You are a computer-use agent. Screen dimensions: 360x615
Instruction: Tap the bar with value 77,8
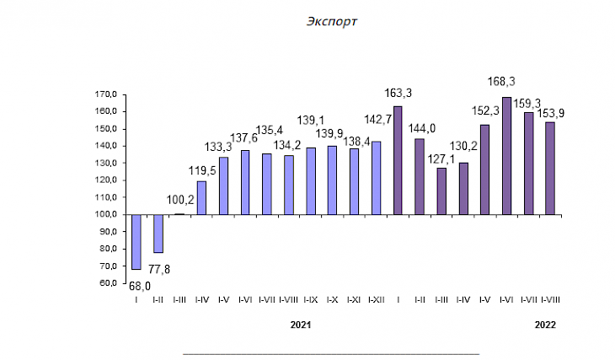[158, 234]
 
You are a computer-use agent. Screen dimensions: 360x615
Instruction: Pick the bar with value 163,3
[398, 160]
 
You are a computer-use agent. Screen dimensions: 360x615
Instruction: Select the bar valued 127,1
[441, 191]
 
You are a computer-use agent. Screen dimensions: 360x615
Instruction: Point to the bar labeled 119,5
[201, 198]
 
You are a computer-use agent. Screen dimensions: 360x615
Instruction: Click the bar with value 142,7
[376, 178]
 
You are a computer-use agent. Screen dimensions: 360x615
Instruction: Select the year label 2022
[545, 324]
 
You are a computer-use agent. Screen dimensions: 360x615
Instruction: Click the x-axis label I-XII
[376, 298]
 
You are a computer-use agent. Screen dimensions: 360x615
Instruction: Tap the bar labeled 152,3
[484, 169]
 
